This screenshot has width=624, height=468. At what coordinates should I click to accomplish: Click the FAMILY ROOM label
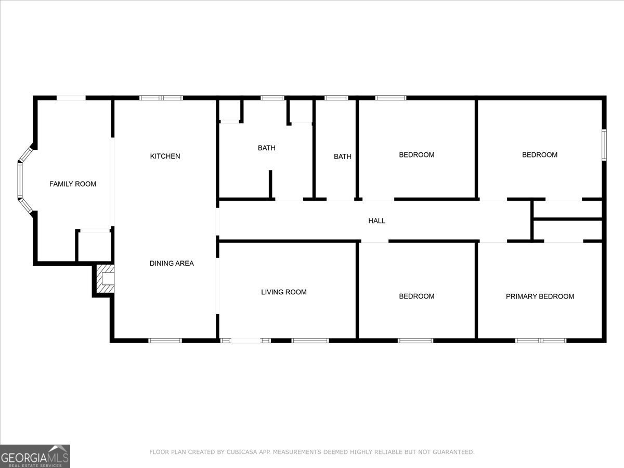pyautogui.click(x=73, y=184)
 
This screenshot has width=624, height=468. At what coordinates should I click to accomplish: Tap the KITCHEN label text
pyautogui.click(x=165, y=156)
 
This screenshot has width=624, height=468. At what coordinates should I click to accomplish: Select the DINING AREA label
pyautogui.click(x=172, y=263)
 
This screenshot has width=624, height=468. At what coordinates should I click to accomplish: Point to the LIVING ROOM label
pyautogui.click(x=283, y=292)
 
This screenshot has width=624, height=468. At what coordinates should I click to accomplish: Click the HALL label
pyautogui.click(x=376, y=221)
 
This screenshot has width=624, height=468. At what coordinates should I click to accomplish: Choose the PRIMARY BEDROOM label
pyautogui.click(x=540, y=296)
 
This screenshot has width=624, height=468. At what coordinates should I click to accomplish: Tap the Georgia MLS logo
pyautogui.click(x=35, y=456)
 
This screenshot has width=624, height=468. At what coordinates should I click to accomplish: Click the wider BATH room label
pyautogui.click(x=267, y=148)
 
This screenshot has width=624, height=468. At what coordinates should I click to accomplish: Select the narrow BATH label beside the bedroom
pyautogui.click(x=342, y=157)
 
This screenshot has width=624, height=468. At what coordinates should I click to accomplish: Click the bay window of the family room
pyautogui.click(x=21, y=179)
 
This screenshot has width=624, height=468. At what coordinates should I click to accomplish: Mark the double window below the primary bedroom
pyautogui.click(x=541, y=341)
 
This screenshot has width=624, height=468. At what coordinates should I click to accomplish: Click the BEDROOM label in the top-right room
pyautogui.click(x=540, y=155)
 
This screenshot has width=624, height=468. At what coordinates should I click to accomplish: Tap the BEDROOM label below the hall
pyautogui.click(x=417, y=296)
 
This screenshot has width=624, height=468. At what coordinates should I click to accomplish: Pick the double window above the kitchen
pyautogui.click(x=161, y=97)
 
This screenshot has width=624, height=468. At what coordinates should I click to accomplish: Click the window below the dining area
pyautogui.click(x=165, y=341)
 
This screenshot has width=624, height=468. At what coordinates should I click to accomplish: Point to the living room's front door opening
pyautogui.click(x=245, y=341)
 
